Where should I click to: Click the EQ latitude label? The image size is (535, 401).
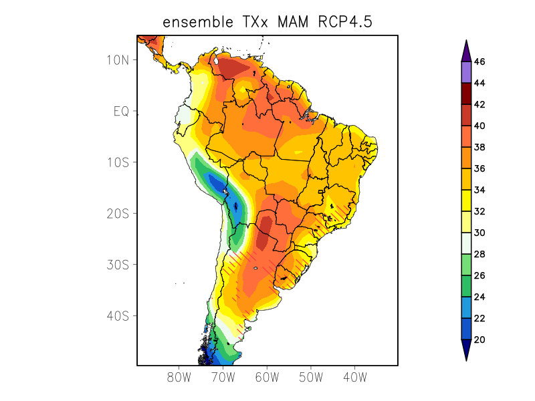122,111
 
